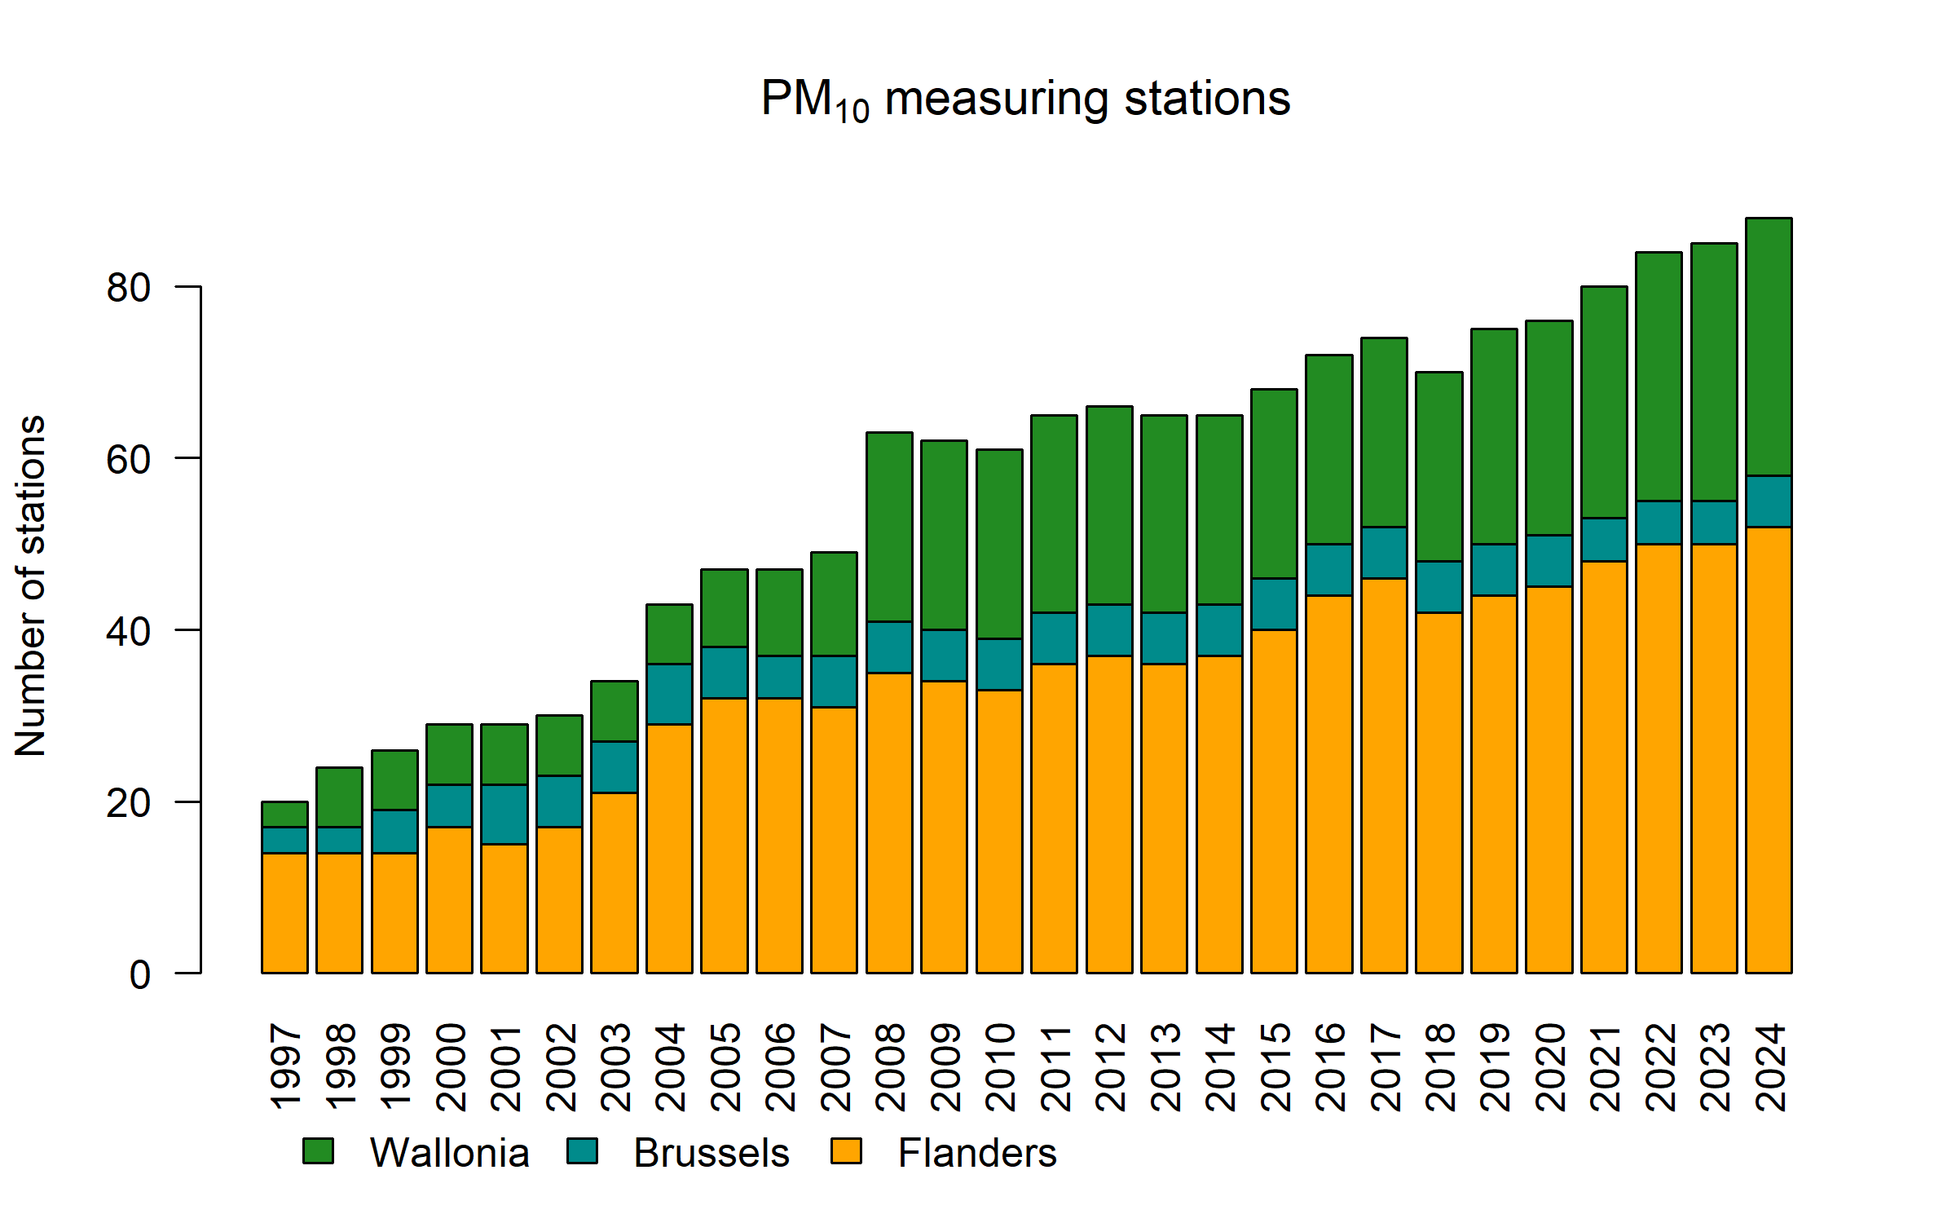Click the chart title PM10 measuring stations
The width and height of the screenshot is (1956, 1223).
(x=1025, y=99)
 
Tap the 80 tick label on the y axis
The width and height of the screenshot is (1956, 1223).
(x=129, y=288)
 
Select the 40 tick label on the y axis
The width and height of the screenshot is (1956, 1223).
(x=129, y=632)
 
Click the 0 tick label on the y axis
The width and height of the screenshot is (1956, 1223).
(x=140, y=975)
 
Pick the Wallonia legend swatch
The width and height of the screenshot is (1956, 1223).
(x=318, y=1151)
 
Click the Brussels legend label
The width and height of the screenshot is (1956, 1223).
(x=711, y=1153)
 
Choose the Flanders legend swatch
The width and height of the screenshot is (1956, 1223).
(x=846, y=1151)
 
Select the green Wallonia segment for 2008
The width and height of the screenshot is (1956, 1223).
(x=889, y=527)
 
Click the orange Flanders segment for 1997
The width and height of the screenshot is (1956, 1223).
(x=284, y=913)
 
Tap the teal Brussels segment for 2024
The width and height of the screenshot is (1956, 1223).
(x=1769, y=501)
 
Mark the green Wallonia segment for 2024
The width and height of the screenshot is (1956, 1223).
(x=1769, y=347)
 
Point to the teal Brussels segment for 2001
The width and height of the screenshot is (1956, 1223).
(x=504, y=814)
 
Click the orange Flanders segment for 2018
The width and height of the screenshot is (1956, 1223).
(x=1439, y=793)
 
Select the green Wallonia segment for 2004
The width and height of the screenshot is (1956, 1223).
(x=669, y=634)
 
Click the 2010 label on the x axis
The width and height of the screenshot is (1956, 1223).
(x=1000, y=1067)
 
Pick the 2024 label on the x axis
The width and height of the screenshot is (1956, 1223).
(x=1770, y=1067)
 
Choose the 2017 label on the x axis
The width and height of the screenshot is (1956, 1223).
(x=1385, y=1067)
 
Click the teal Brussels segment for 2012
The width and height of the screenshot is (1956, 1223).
(x=1109, y=630)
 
